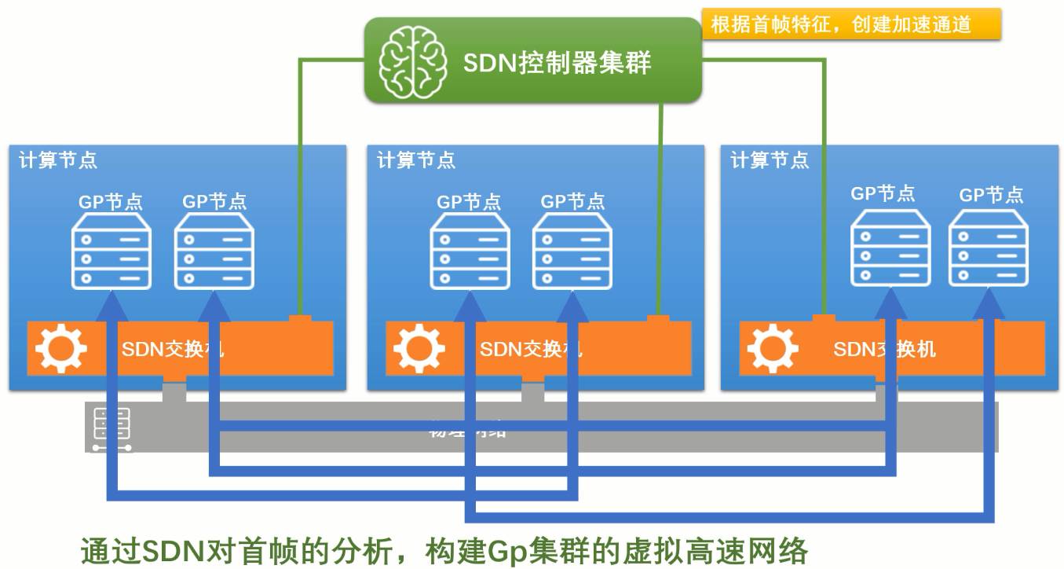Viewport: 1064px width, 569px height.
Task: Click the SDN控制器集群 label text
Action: pos(557,62)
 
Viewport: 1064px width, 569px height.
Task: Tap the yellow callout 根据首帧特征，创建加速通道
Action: pos(841,24)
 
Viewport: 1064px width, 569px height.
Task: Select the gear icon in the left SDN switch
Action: pos(60,347)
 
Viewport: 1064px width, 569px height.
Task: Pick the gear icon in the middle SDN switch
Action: pos(419,347)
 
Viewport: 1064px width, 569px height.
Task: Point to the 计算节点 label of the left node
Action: pos(58,160)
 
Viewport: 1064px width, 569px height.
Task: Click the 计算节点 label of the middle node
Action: pos(416,160)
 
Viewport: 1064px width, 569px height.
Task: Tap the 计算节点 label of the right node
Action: pos(770,160)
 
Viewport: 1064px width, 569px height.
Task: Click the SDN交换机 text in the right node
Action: pos(884,347)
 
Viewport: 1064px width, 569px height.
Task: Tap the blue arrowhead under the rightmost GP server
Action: pos(989,303)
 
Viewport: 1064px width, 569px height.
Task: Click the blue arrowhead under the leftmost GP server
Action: pos(112,303)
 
